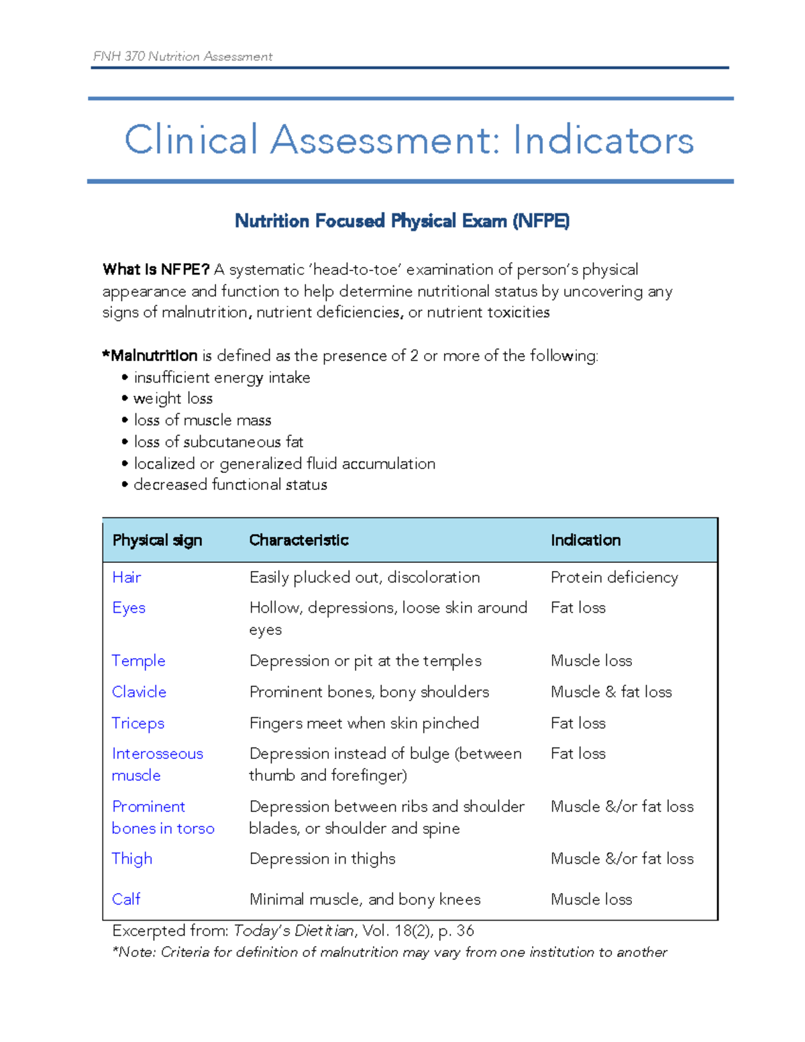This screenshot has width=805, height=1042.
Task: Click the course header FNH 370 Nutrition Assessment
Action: click(182, 56)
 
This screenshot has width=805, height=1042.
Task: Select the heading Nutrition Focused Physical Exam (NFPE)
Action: click(402, 221)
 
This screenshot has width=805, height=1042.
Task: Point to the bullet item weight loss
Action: click(173, 399)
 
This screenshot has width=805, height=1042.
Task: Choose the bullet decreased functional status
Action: click(230, 484)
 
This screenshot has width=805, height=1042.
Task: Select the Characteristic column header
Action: click(299, 540)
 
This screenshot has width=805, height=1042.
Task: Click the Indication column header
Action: click(585, 540)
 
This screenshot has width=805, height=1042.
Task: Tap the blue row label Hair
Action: click(126, 578)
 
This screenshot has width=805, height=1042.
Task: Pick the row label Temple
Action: click(138, 661)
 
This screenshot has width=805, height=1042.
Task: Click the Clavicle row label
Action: click(139, 692)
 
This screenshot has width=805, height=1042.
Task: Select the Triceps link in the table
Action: click(138, 723)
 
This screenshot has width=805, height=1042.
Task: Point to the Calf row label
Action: click(126, 899)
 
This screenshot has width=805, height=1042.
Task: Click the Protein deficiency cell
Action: click(614, 578)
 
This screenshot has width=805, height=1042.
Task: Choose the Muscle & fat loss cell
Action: click(610, 692)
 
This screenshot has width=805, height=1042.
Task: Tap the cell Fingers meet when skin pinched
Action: click(364, 723)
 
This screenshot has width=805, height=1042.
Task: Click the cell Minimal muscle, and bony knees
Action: click(364, 899)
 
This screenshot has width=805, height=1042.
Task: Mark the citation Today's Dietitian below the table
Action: click(293, 931)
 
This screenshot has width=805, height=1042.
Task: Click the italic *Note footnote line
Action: click(389, 952)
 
